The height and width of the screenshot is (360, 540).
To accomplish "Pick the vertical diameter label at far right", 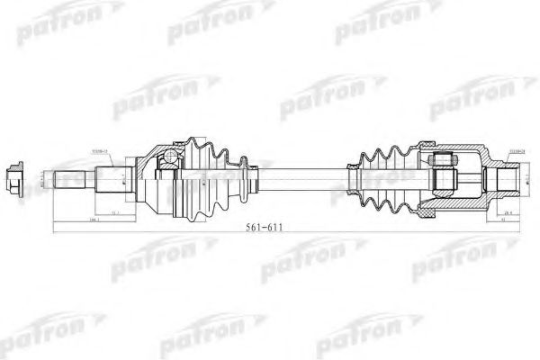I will [x=526, y=177].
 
